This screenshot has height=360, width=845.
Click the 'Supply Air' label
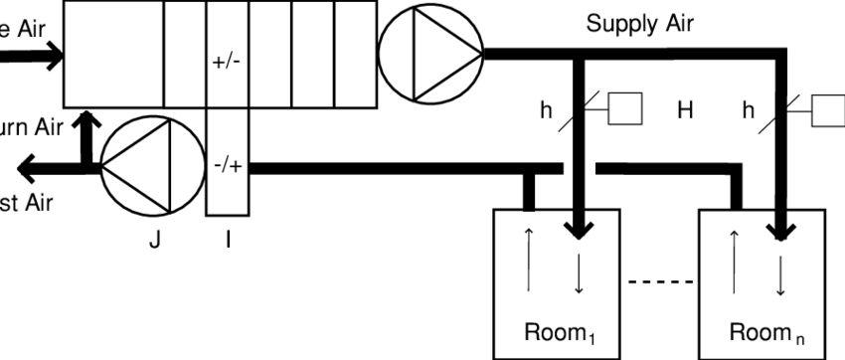click(x=639, y=23)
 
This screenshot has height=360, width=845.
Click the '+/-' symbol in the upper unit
click(x=227, y=61)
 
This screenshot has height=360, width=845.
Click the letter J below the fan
click(x=155, y=240)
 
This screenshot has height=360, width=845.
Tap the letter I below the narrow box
click(x=228, y=240)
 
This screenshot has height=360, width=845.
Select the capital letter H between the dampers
click(x=685, y=111)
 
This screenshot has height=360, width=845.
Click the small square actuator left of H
click(x=625, y=109)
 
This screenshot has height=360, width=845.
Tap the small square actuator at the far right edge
click(x=828, y=109)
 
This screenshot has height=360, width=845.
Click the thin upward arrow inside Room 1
click(x=528, y=260)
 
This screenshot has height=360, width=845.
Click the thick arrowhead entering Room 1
click(x=578, y=232)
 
